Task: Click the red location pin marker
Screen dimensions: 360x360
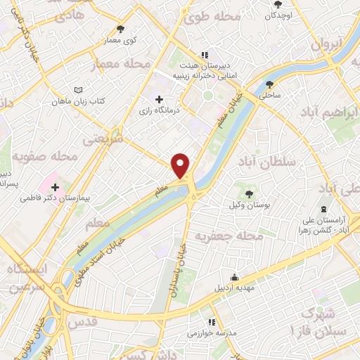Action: pyautogui.click(x=181, y=165)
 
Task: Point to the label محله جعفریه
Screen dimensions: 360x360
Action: pyautogui.click(x=221, y=236)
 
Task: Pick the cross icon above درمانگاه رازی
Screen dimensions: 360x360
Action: pyautogui.click(x=160, y=100)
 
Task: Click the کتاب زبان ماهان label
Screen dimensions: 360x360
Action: pyautogui.click(x=77, y=102)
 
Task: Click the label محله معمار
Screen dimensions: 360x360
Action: pyautogui.click(x=121, y=65)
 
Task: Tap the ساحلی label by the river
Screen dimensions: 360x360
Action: pyautogui.click(x=270, y=93)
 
